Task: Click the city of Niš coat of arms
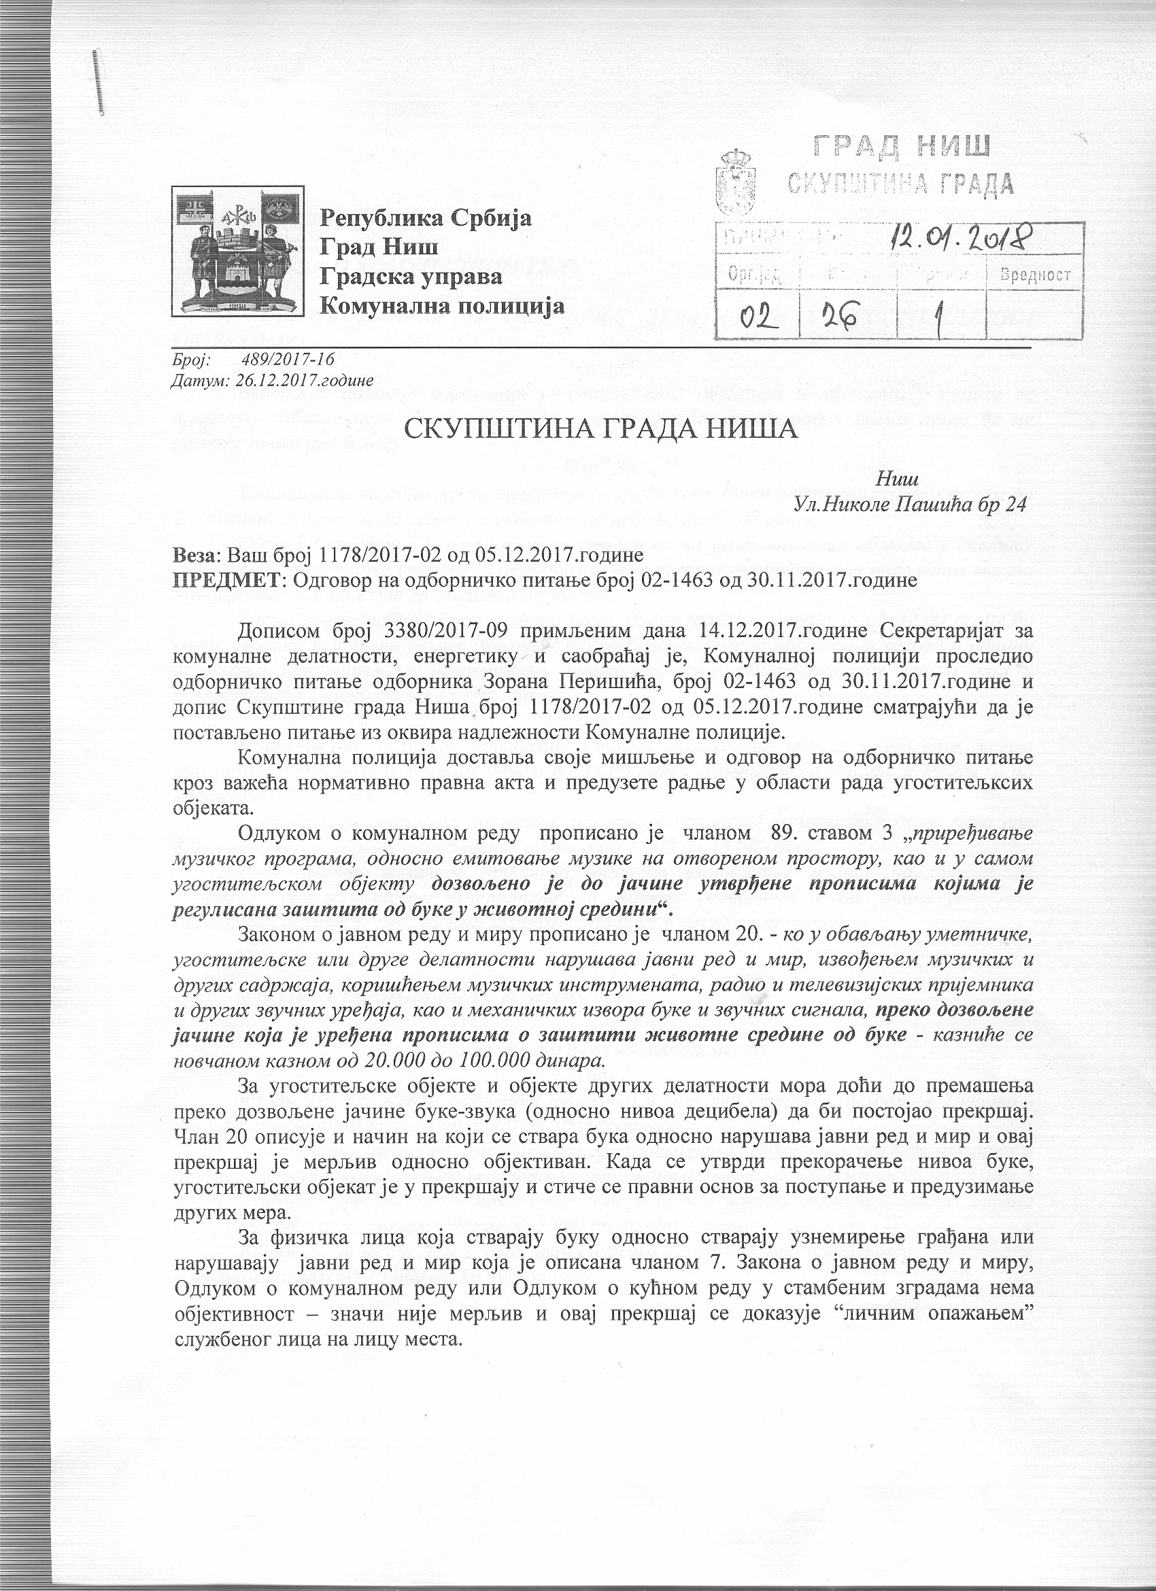point(239,250)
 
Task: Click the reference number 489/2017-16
point(288,360)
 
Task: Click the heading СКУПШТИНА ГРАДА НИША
point(602,428)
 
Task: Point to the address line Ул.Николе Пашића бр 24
point(909,503)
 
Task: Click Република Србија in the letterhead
point(426,219)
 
